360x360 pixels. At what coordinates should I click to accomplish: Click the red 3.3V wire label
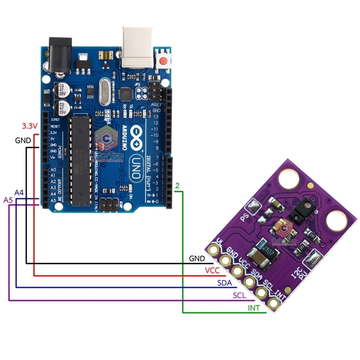(x=29, y=126)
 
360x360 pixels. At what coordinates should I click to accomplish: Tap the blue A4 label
(x=19, y=192)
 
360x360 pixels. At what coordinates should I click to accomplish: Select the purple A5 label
(x=9, y=200)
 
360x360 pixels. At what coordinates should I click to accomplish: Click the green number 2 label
(x=177, y=185)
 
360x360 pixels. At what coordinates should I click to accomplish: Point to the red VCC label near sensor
(x=212, y=271)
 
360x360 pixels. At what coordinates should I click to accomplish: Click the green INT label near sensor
(x=254, y=308)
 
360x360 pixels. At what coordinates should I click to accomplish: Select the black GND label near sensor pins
(x=197, y=258)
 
